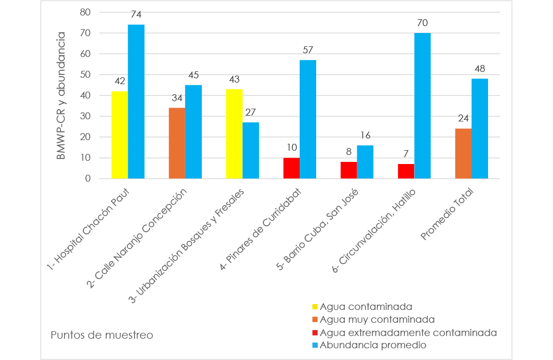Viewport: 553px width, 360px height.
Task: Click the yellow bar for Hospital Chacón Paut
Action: [x=119, y=135]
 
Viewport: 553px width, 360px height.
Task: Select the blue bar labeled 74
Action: [x=136, y=102]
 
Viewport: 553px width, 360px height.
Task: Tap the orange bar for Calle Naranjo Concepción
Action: [x=177, y=143]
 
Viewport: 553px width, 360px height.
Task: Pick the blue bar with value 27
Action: [x=251, y=150]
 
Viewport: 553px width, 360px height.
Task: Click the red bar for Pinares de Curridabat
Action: [x=291, y=168]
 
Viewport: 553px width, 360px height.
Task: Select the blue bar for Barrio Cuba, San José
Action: [x=365, y=162]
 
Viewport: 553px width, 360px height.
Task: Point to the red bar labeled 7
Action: [x=406, y=171]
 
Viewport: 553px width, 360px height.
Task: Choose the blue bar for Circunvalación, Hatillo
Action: [x=423, y=106]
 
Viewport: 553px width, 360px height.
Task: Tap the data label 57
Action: [x=308, y=50]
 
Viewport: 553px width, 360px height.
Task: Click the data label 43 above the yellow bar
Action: [x=234, y=79]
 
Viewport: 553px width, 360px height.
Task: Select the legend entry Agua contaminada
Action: [x=362, y=307]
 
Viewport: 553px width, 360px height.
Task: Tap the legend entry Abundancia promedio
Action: [x=368, y=345]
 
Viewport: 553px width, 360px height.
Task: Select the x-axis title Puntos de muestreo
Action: [x=102, y=335]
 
